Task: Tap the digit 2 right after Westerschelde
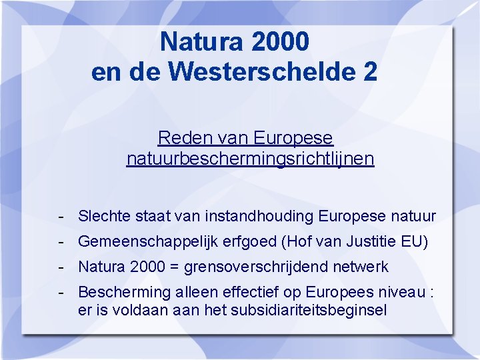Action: (370, 71)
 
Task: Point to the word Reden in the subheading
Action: (179, 138)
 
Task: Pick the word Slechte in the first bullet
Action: (102, 216)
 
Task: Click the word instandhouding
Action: (260, 216)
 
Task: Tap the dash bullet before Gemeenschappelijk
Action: (61, 241)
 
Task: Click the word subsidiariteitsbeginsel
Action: (309, 310)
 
